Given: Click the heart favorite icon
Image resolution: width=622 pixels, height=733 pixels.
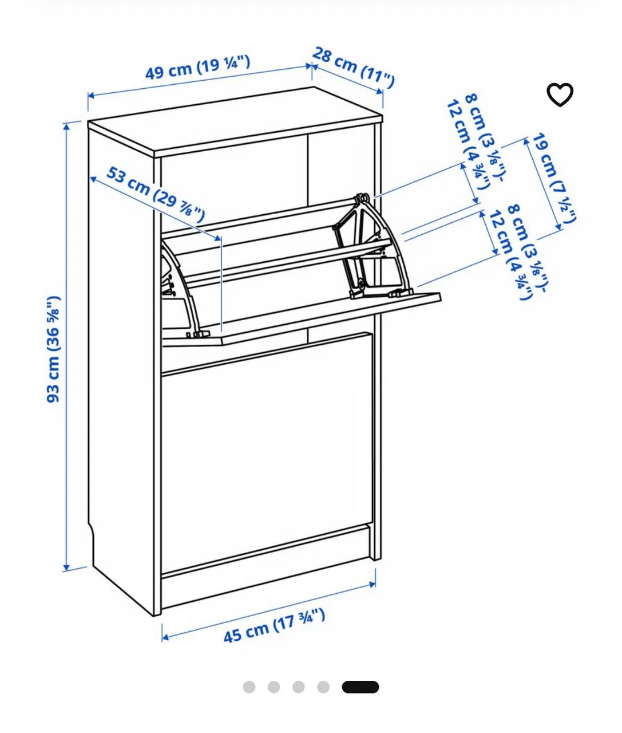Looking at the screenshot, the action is coord(559,94).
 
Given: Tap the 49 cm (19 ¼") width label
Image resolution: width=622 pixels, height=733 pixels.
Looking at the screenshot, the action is coord(198,68).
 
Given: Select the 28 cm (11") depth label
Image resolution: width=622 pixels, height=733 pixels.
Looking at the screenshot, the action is coord(353,68).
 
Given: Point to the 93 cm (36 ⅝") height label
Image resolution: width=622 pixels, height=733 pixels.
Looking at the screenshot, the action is coord(54,349).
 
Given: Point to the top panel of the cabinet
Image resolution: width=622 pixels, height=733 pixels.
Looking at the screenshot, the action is coord(235,121).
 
